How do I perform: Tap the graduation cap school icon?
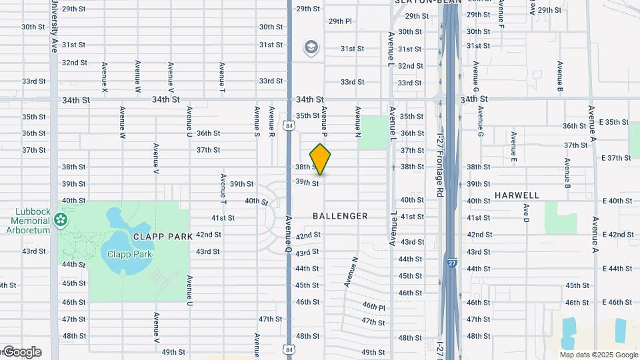[311, 47]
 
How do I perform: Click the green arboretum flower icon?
[61, 219]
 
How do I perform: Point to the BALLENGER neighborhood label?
[340, 216]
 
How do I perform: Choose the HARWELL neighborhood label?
[517, 195]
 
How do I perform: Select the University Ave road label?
[53, 27]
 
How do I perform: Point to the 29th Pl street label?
[339, 21]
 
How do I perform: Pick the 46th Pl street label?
[374, 306]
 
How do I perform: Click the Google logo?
[21, 352]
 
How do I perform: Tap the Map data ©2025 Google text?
[589, 355]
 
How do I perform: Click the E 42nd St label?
[616, 235]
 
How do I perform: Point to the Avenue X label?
[105, 77]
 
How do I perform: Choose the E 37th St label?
[616, 158]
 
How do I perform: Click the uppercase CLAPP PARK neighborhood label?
[163, 236]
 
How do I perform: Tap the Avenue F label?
[501, 9]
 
